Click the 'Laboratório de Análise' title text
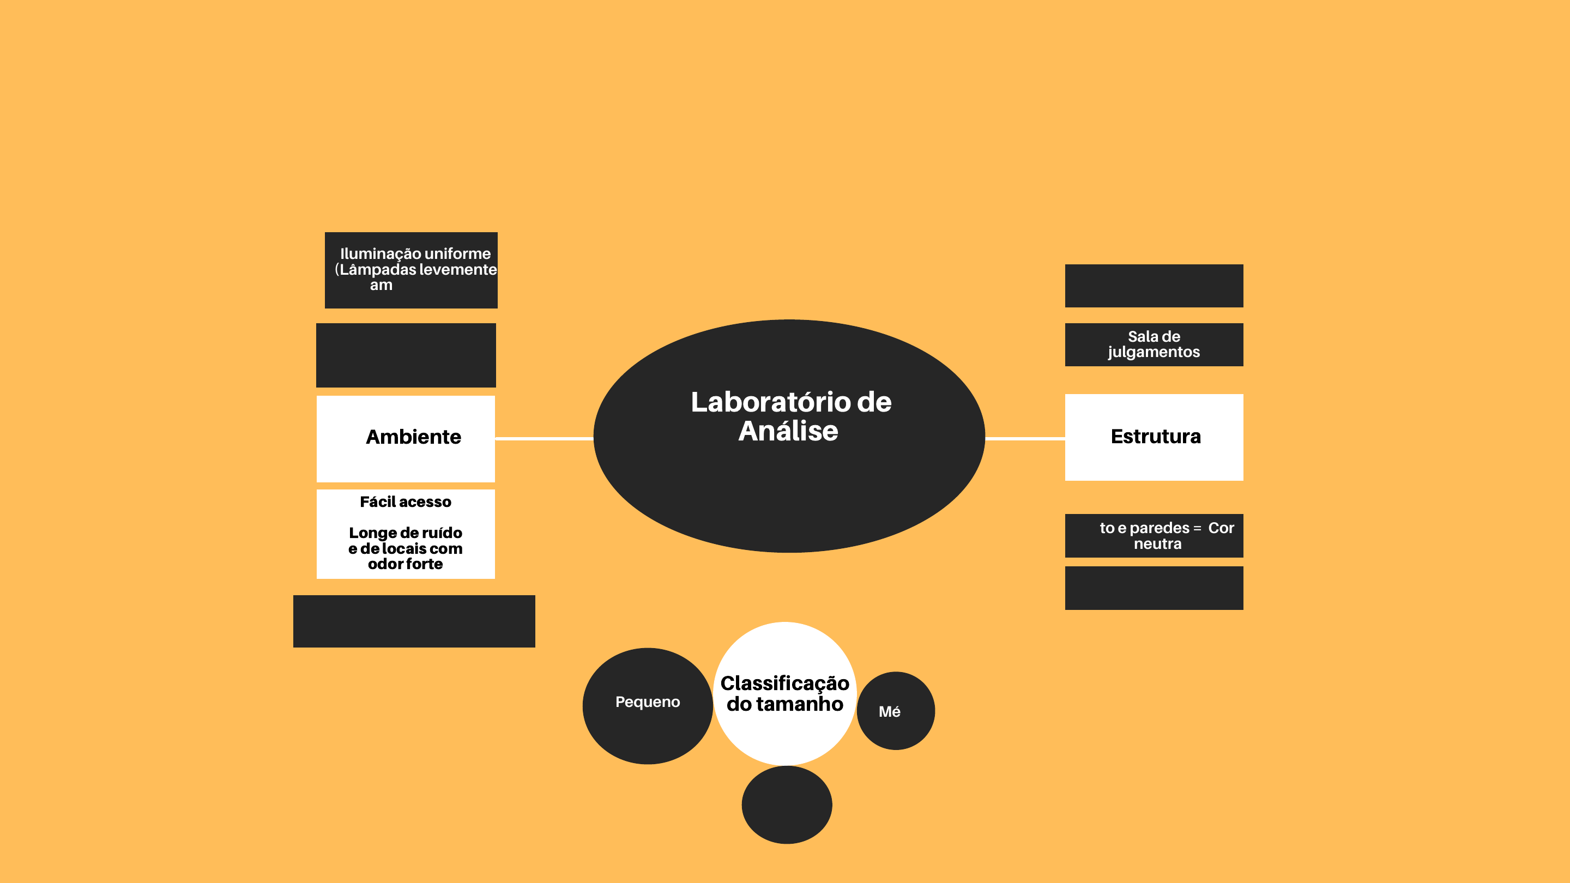(790, 416)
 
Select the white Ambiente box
(405, 438)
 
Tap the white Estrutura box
(1154, 437)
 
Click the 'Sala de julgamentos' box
(1154, 344)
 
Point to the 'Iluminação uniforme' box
(411, 270)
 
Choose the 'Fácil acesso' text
(405, 502)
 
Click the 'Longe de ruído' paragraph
(405, 548)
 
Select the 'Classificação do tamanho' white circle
(785, 693)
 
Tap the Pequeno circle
(647, 706)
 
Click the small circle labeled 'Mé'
(895, 711)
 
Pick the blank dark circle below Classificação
(786, 805)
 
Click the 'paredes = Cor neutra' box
(1154, 536)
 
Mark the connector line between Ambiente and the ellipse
(544, 438)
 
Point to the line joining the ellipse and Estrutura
(1025, 438)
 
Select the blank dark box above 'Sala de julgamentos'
(1154, 285)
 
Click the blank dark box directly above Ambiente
(406, 355)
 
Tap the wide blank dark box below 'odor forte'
(414, 621)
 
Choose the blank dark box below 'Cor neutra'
(1154, 588)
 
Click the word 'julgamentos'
(1154, 352)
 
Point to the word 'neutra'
(1157, 543)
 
